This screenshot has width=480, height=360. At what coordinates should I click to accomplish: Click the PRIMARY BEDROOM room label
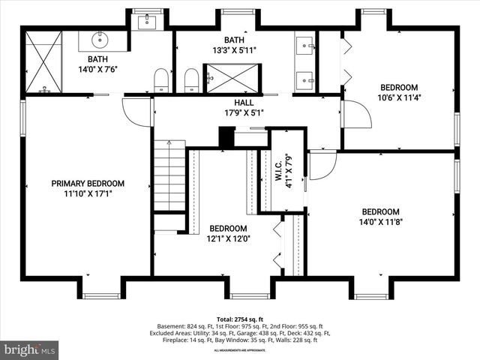(88, 183)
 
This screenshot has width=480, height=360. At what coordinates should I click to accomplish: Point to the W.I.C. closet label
(277, 174)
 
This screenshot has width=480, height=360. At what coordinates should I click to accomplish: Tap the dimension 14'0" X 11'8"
(380, 221)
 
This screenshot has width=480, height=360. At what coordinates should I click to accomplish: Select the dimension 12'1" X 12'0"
(229, 238)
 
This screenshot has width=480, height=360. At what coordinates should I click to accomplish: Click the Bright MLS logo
(30, 349)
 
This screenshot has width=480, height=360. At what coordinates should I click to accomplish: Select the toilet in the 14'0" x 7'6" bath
(161, 79)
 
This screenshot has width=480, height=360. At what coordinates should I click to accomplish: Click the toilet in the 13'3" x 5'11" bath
(191, 79)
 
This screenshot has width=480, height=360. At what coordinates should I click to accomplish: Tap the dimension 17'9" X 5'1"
(244, 113)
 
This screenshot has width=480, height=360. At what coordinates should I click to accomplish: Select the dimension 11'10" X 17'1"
(88, 193)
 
